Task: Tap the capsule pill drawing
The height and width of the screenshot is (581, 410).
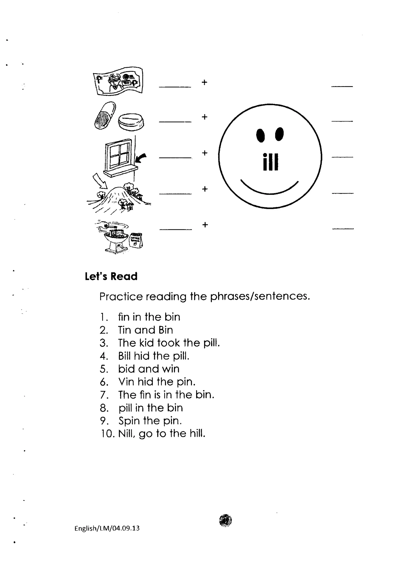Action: click(105, 115)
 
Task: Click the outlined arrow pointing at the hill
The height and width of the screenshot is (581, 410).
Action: click(100, 181)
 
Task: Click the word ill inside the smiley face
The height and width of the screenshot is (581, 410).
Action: click(270, 162)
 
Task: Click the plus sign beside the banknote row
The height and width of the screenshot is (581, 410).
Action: click(204, 82)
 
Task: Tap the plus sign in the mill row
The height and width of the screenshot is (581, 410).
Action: click(205, 225)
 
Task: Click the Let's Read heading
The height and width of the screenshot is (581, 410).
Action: click(111, 276)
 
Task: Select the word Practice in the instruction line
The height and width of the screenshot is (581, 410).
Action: click(121, 296)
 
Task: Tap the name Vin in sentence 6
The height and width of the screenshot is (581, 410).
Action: click(126, 382)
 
